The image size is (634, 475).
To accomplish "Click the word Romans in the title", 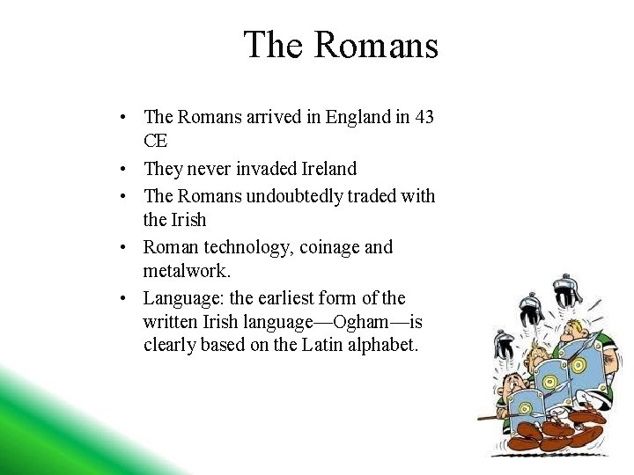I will pyautogui.click(x=374, y=45).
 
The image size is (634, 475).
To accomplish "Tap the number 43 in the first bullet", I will pyautogui.click(x=423, y=117).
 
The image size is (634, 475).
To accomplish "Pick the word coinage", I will pyautogui.click(x=328, y=247).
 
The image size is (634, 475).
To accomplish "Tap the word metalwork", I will pyautogui.click(x=186, y=272).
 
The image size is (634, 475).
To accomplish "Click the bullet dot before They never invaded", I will pyautogui.click(x=128, y=169).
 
